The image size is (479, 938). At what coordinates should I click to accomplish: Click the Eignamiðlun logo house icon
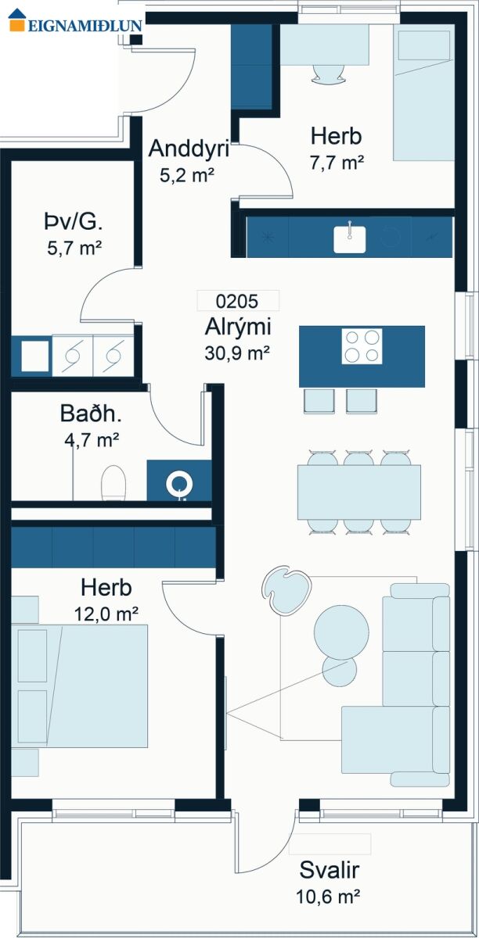(17, 20)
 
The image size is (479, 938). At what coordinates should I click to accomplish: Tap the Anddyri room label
(189, 149)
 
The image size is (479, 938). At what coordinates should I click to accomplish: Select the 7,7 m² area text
(337, 163)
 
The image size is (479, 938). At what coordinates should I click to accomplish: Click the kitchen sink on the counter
(349, 239)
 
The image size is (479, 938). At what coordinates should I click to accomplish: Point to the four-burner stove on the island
(362, 346)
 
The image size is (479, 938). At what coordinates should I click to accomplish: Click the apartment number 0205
(237, 301)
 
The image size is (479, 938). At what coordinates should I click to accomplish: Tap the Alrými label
(238, 327)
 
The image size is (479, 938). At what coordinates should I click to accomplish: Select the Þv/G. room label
(74, 222)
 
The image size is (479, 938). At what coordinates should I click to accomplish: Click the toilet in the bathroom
(113, 482)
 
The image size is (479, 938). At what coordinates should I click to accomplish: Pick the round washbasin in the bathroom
(179, 484)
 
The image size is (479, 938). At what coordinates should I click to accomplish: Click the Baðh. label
(91, 414)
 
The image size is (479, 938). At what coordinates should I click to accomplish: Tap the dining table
(359, 492)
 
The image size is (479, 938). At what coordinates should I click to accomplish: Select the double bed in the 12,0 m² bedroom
(80, 686)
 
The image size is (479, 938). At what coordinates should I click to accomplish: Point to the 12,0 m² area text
(106, 614)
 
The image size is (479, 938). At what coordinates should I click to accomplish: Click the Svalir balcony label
(330, 870)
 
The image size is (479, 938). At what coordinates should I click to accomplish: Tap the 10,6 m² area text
(328, 897)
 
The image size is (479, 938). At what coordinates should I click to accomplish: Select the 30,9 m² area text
(237, 353)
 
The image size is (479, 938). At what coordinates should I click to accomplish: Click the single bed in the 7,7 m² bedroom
(423, 92)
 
